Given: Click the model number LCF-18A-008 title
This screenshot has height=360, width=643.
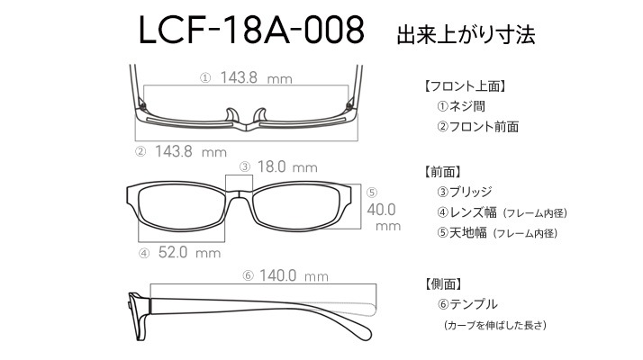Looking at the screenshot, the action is tap(251, 30).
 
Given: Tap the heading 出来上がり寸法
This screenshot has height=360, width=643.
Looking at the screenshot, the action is tap(466, 34).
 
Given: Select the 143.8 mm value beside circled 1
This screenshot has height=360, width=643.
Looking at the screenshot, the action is tap(257, 77).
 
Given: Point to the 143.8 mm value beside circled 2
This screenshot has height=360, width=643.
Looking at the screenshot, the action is tap(191, 152).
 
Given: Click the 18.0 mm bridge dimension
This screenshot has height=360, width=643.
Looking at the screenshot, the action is tap(287, 166).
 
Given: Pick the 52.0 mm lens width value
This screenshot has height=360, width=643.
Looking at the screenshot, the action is tap(189, 252).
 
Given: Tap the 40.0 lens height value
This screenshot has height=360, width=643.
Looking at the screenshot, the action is tap(381, 210).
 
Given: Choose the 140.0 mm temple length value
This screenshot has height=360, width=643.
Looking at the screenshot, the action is tap(294, 275).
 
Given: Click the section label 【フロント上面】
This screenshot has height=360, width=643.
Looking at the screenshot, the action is tap(465, 86).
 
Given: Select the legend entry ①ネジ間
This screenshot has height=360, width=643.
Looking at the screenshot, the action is tap(461, 106).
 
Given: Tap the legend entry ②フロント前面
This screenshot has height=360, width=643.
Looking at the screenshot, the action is tap(478, 126).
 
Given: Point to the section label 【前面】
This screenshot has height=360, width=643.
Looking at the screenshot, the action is tap(442, 172).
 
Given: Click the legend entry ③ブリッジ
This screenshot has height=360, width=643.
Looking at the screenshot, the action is tap(465, 192).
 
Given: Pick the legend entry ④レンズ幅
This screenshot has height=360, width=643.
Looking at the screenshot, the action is tap(467, 212).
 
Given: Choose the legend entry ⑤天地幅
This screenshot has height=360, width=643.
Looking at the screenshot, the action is tap(462, 233).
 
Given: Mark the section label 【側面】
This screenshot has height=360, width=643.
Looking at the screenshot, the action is tap(443, 283).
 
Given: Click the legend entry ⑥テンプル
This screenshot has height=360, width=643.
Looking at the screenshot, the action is tap(468, 304).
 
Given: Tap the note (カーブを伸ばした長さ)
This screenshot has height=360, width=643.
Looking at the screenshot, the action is tap(495, 325).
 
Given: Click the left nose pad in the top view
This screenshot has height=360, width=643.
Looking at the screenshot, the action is tap(231, 115).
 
